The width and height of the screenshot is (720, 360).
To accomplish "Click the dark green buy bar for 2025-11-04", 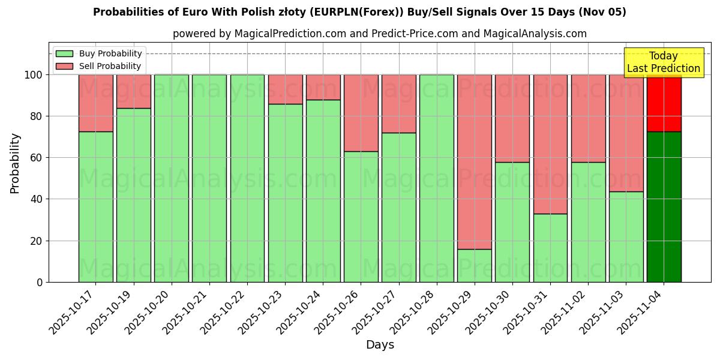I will (x=664, y=206).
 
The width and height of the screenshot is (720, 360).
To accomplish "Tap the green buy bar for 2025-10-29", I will (x=474, y=265).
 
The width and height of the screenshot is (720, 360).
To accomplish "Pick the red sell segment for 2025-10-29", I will (x=474, y=161).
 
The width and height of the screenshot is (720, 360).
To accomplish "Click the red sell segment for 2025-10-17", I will (x=95, y=103).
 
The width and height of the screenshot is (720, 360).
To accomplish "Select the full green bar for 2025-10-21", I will (x=209, y=178).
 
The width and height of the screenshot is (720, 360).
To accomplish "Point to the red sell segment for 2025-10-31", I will (x=550, y=144).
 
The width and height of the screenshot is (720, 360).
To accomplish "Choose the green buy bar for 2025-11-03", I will (x=626, y=236).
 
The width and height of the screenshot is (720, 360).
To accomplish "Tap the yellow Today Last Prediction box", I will (x=663, y=62).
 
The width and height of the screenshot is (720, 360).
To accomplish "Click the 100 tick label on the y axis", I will (x=33, y=75).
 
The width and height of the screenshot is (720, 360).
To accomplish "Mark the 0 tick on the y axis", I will (x=40, y=282).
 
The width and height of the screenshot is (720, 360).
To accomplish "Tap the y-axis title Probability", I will (x=15, y=163).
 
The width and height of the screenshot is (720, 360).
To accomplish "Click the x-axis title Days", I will (x=380, y=345).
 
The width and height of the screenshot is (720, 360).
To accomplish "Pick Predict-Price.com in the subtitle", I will (x=415, y=34).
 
